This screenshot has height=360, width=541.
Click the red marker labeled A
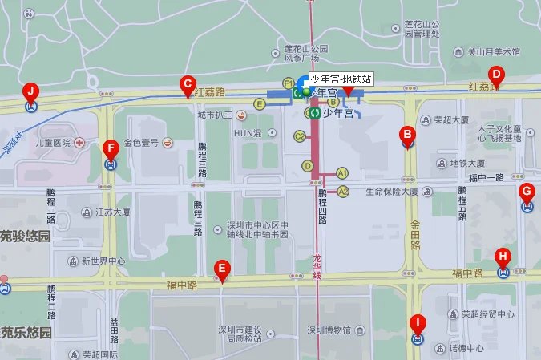[x=348, y=91]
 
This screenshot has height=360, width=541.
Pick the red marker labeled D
[x=495, y=76]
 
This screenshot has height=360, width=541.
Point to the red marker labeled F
[x=111, y=149]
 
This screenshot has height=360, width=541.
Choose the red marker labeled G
[x=527, y=192]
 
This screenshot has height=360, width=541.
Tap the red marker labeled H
[x=503, y=258]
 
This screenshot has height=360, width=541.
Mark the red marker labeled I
[x=417, y=326]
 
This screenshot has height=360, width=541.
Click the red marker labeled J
[x=30, y=91]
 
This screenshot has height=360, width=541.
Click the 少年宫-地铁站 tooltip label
[x=341, y=79]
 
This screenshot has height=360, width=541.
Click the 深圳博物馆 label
[x=329, y=330]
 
